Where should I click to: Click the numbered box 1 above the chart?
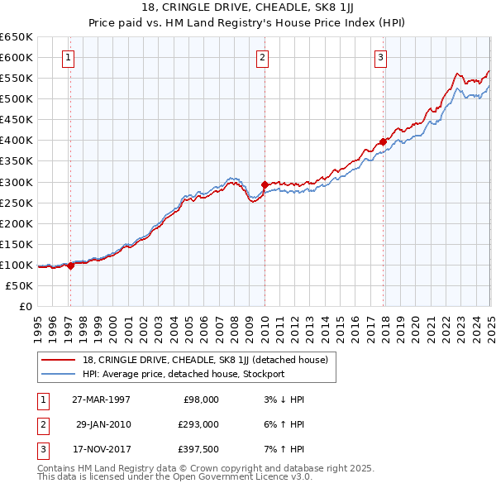[67, 58]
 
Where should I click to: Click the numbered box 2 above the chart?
[262, 58]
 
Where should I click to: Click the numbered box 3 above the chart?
[380, 58]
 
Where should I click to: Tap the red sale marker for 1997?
[70, 266]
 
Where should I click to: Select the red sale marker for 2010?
[265, 184]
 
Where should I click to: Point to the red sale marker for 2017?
[384, 141]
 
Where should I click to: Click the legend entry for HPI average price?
[183, 374]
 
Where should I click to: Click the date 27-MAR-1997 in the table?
[102, 399]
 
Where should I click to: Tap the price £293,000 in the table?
[200, 424]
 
